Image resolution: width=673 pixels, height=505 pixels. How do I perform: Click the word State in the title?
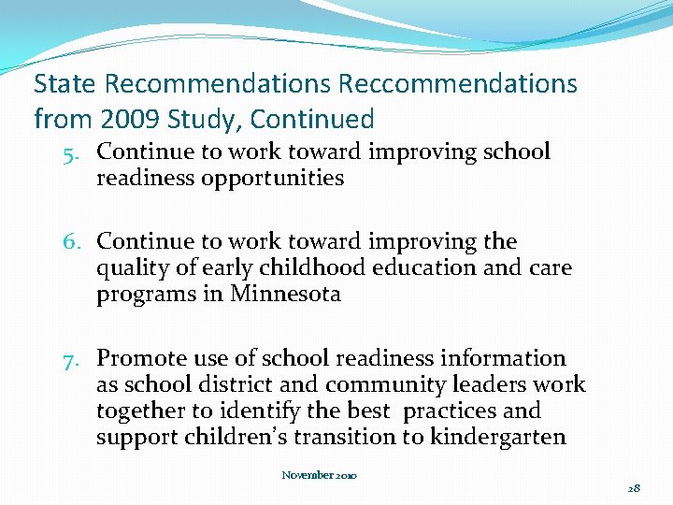click(x=65, y=84)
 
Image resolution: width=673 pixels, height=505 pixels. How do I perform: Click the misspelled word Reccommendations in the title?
click(x=458, y=84)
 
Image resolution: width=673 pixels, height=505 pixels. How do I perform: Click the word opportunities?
click(x=273, y=178)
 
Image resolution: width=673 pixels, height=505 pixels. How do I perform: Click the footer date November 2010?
click(x=319, y=475)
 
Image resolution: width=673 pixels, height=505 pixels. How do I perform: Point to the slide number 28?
click(x=634, y=488)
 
